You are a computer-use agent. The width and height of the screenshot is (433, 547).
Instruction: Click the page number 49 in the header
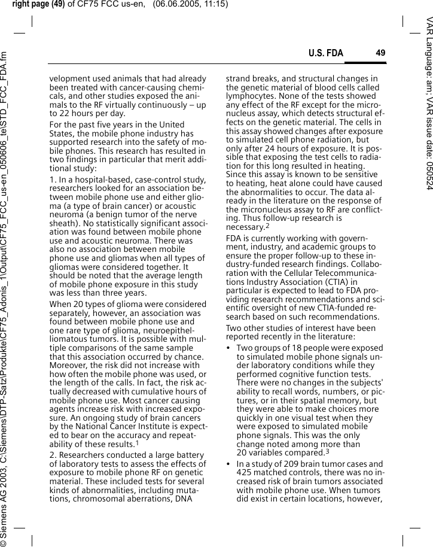380,53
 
